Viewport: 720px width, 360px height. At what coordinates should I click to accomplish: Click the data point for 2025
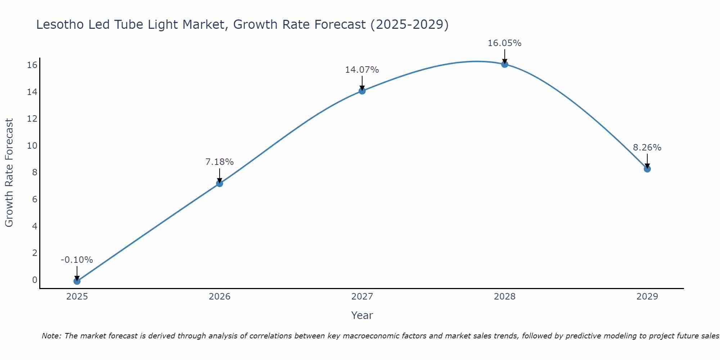click(x=77, y=281)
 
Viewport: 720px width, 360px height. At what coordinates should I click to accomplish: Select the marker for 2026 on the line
click(x=220, y=184)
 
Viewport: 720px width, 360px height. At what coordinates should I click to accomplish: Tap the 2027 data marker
click(x=362, y=91)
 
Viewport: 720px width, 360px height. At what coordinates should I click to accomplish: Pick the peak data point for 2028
click(x=505, y=64)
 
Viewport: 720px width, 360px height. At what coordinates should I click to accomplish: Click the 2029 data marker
click(x=647, y=169)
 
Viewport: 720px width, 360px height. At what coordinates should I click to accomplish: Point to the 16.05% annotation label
click(x=504, y=43)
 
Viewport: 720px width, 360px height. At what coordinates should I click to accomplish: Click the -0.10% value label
click(x=77, y=260)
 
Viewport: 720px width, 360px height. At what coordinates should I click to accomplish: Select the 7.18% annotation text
click(x=220, y=162)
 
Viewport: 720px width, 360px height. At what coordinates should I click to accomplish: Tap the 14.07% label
click(x=362, y=70)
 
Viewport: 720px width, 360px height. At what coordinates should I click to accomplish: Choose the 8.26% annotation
click(x=647, y=148)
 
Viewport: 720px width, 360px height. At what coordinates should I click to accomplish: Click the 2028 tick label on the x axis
click(x=505, y=297)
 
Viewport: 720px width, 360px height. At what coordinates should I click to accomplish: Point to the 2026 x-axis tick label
click(x=220, y=297)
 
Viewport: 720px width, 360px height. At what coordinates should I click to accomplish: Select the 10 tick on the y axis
click(x=32, y=146)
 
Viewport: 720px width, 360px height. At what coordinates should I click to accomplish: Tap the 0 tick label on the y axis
click(x=35, y=280)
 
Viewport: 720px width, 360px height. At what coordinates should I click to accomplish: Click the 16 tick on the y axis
click(x=32, y=65)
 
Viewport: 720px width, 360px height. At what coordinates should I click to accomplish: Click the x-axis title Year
click(x=362, y=315)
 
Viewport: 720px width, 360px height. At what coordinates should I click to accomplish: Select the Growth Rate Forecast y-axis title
click(x=9, y=173)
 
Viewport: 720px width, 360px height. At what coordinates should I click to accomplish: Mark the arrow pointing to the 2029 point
click(x=647, y=161)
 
